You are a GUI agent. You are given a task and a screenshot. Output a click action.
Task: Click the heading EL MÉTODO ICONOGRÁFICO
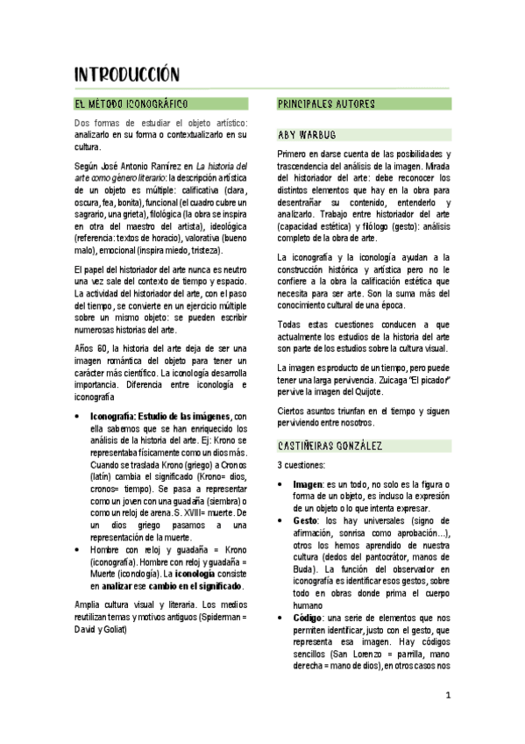(x=131, y=104)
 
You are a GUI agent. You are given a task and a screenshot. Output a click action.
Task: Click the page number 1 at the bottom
(x=447, y=696)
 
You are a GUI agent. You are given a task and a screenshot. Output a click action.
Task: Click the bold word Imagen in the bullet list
(x=308, y=483)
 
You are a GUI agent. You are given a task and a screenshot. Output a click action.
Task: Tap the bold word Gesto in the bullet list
(x=305, y=520)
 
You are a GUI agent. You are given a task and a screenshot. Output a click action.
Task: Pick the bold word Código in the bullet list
(x=308, y=618)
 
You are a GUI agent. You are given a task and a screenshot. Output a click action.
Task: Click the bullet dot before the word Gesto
(x=280, y=520)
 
